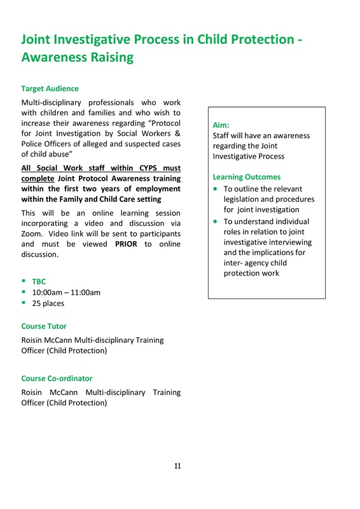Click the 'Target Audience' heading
pyautogui.click(x=50, y=88)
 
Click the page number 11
pyautogui.click(x=178, y=466)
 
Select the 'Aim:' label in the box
pyautogui.click(x=221, y=125)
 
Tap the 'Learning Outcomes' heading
pyautogui.click(x=246, y=177)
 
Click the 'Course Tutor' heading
pyautogui.click(x=44, y=326)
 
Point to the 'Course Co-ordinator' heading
pyautogui.click(x=57, y=379)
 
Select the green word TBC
pyautogui.click(x=39, y=281)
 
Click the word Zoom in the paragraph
pyautogui.click(x=32, y=234)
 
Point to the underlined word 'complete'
pyautogui.click(x=38, y=179)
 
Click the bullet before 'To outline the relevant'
pyautogui.click(x=216, y=189)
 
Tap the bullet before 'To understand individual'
pyautogui.click(x=216, y=221)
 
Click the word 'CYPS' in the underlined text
pyautogui.click(x=139, y=168)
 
